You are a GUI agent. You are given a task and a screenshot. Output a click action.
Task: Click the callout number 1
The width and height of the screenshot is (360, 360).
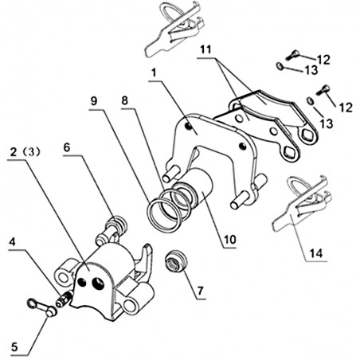pyautogui.click(x=154, y=73)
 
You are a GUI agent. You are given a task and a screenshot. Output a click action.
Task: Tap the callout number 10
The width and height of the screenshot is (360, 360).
pyautogui.click(x=229, y=239)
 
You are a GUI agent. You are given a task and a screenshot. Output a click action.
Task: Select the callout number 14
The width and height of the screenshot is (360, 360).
pyautogui.click(x=317, y=253)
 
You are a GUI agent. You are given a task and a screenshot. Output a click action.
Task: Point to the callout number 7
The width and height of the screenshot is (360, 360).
pyautogui.click(x=200, y=291)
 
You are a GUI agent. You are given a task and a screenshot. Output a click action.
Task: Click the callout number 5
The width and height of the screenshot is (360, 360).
pyautogui.click(x=14, y=346)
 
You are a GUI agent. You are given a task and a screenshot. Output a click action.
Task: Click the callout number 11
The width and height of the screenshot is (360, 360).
pyautogui.click(x=205, y=49)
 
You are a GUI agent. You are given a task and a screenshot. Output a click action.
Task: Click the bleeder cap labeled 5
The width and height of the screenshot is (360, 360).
pyautogui.click(x=42, y=307)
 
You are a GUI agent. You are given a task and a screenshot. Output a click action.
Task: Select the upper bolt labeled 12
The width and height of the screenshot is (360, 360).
pyautogui.click(x=292, y=56)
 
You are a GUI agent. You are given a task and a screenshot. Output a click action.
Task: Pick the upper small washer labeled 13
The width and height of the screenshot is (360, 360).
pyautogui.click(x=280, y=65)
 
